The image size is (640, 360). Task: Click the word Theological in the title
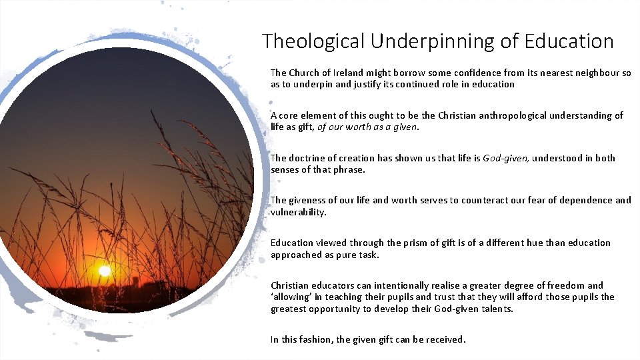[314, 41]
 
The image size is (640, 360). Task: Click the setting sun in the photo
[104, 271]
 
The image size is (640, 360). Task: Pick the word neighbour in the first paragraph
[596, 73]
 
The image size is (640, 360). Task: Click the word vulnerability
[299, 212]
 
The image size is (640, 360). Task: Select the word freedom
[566, 285]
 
